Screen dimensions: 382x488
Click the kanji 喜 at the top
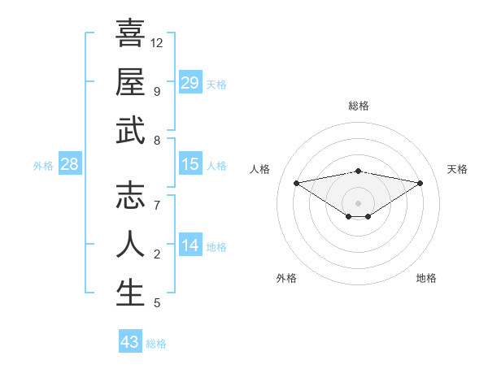click(130, 33)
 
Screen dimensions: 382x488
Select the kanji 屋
click(130, 82)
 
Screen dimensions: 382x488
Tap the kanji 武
click(130, 131)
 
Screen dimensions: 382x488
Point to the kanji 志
click(130, 196)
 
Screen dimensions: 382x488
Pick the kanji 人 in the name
click(130, 245)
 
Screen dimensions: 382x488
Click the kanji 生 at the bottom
click(130, 293)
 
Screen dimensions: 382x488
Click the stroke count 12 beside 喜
click(157, 42)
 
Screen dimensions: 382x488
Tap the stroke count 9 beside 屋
click(156, 91)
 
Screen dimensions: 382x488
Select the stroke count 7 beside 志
click(156, 205)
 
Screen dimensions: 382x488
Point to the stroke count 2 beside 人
click(156, 254)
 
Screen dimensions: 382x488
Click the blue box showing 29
click(190, 82)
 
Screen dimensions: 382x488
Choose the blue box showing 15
click(190, 164)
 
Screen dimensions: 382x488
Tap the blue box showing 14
click(190, 245)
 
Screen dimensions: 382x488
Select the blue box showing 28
click(70, 164)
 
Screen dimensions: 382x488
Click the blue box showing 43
click(130, 342)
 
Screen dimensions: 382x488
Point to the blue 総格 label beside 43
click(156, 344)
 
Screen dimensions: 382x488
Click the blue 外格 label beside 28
click(43, 166)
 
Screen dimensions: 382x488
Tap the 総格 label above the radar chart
click(358, 106)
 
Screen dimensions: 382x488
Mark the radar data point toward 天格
click(420, 183)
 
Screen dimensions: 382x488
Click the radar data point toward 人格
click(296, 182)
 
